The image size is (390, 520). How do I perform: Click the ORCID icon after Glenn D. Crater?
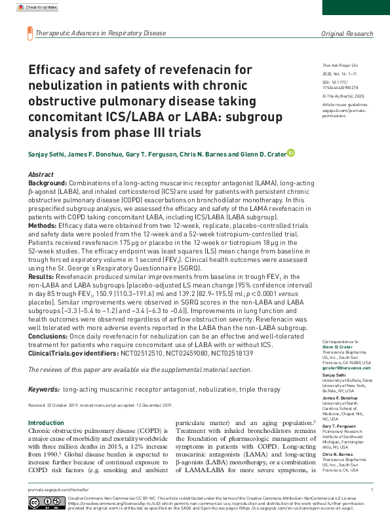(290, 153)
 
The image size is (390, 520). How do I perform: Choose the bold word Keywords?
(45, 389)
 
